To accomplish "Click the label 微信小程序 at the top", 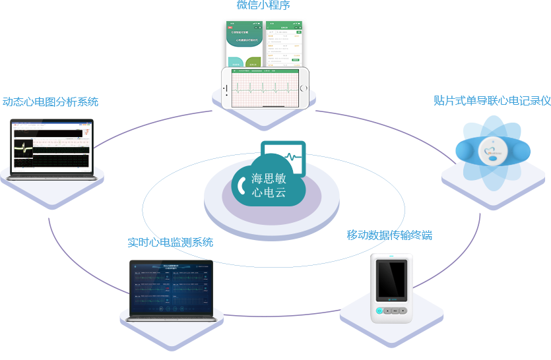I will click(x=263, y=5).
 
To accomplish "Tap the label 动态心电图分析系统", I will click(x=51, y=102).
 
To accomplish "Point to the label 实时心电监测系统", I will click(x=170, y=242).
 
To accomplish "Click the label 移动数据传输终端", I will click(x=389, y=235).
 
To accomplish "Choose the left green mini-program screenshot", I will click(x=244, y=44).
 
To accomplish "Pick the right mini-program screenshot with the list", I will click(x=283, y=43).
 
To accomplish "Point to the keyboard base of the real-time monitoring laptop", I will click(x=172, y=318).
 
